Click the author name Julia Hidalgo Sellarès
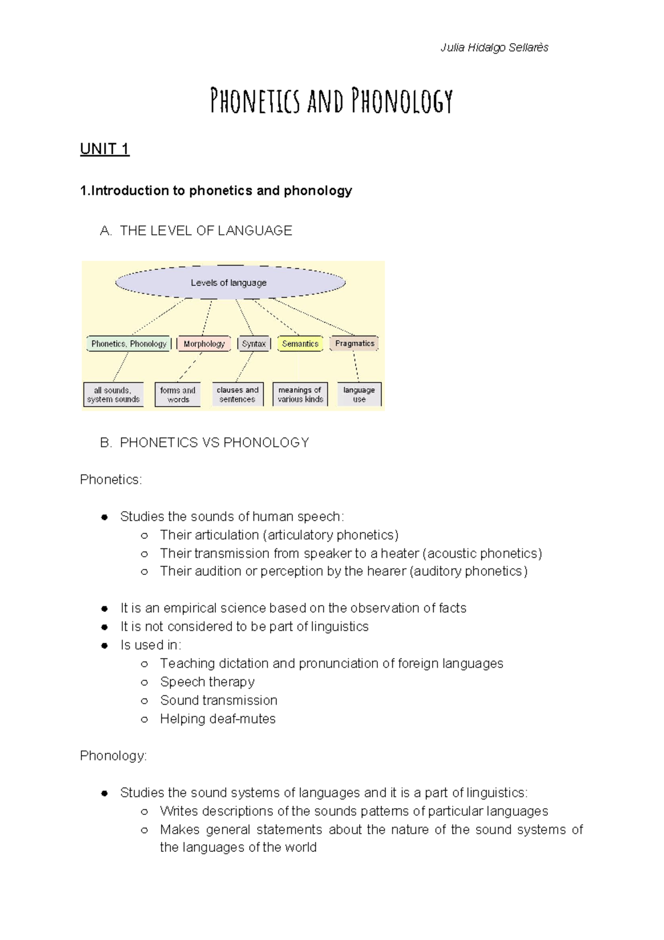(494, 48)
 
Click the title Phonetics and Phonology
(331, 101)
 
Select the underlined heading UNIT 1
(105, 149)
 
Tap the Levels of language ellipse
(229, 282)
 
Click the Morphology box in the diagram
(204, 344)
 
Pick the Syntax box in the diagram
(253, 344)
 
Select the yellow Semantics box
(300, 344)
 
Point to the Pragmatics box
(354, 343)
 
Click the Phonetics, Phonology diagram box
(129, 344)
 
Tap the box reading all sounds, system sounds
(113, 394)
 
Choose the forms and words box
(178, 394)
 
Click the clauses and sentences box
(237, 394)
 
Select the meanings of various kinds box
(300, 394)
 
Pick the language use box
(359, 394)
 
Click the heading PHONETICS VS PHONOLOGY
(214, 443)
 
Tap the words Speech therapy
(207, 682)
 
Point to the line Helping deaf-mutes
(217, 719)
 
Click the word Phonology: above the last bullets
(113, 756)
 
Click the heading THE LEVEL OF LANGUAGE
(206, 231)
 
